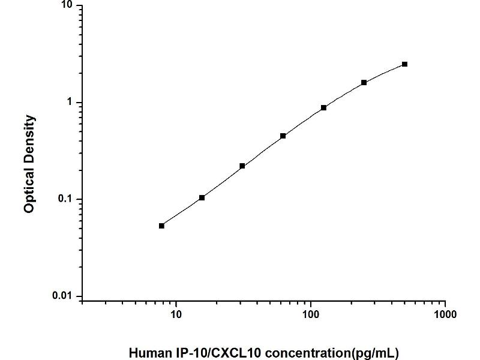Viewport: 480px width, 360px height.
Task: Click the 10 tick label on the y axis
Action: tap(66, 5)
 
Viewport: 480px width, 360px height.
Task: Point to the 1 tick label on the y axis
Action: tap(69, 103)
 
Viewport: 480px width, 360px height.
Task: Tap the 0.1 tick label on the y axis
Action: tap(64, 199)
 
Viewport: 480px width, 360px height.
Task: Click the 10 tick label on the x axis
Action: tap(176, 314)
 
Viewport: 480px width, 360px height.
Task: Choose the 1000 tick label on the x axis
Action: tap(445, 314)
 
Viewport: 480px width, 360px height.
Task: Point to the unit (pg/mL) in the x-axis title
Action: tap(375, 352)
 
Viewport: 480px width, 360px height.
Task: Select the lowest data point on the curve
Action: tap(161, 226)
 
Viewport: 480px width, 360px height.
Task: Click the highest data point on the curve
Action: tap(404, 64)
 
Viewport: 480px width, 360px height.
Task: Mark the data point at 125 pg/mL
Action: tap(323, 108)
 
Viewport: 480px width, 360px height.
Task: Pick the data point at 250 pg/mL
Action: tap(364, 82)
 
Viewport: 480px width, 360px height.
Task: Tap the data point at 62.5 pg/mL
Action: tap(283, 136)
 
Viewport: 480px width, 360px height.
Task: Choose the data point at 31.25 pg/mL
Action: tap(242, 166)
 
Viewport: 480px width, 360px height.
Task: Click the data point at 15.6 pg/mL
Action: tap(202, 197)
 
